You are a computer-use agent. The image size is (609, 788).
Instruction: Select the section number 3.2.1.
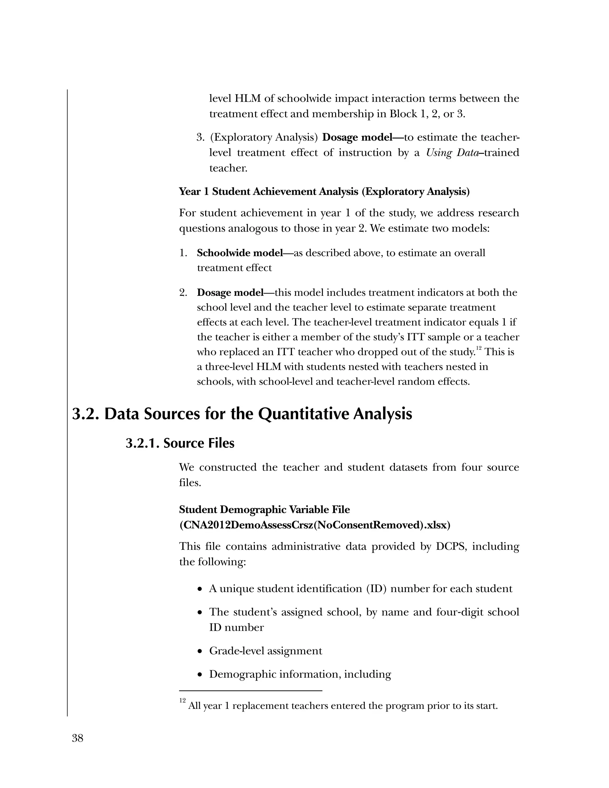142,443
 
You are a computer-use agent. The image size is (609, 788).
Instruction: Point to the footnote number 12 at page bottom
182,700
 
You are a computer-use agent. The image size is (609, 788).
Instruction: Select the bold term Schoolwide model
240,253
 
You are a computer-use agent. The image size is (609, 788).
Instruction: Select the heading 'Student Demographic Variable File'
264,509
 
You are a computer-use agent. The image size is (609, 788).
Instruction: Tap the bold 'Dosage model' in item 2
230,293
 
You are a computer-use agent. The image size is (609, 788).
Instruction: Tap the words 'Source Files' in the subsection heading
199,443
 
